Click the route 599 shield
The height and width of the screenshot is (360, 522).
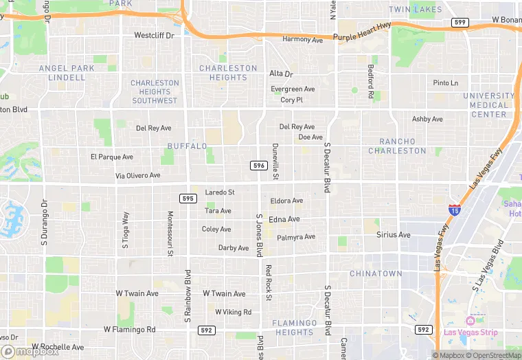click(x=460, y=23)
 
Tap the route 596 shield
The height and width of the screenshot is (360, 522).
click(x=258, y=166)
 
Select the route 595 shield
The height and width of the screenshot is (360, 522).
click(x=188, y=199)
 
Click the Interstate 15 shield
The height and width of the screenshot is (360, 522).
click(x=454, y=210)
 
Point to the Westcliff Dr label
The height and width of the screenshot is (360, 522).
click(x=154, y=35)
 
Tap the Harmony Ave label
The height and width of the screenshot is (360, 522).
click(x=302, y=40)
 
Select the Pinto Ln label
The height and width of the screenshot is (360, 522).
click(x=445, y=83)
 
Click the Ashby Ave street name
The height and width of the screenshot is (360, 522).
click(x=427, y=120)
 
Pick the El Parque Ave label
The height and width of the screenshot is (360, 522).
click(x=111, y=157)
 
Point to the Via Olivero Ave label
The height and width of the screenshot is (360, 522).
click(x=137, y=176)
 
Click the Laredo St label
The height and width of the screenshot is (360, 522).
click(x=220, y=192)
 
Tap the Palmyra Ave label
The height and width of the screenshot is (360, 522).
click(x=296, y=237)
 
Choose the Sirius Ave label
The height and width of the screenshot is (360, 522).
click(x=393, y=235)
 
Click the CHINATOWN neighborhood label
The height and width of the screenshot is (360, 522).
click(x=376, y=273)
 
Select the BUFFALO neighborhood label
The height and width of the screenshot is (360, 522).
click(x=187, y=146)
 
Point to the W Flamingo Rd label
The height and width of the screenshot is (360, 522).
click(x=130, y=330)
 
